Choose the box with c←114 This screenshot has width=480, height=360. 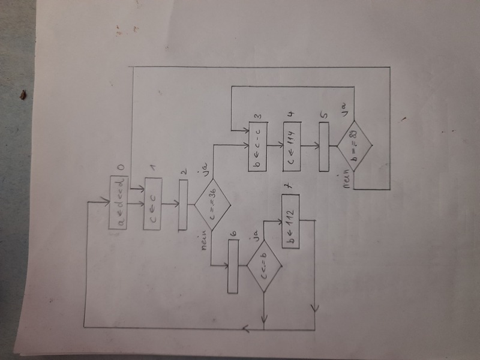(x=293, y=146)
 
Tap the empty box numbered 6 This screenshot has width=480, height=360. (x=234, y=267)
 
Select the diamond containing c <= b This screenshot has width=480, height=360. (x=265, y=267)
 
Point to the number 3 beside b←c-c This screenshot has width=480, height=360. (x=257, y=116)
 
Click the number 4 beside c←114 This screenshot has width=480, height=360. (x=293, y=116)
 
